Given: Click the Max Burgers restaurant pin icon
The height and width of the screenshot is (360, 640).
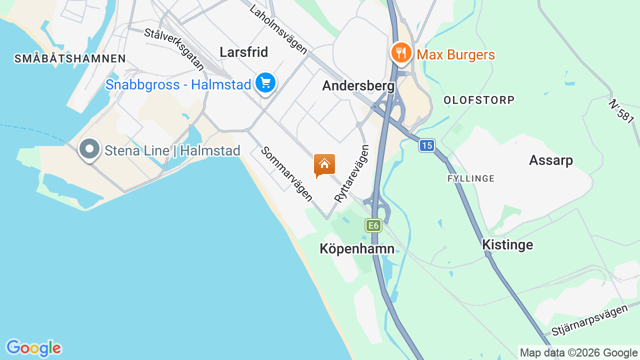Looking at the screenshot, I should coord(401,52).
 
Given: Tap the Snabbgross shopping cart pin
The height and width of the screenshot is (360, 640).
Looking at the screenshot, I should coord(265,83).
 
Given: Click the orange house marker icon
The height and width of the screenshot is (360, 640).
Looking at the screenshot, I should coord(324,164).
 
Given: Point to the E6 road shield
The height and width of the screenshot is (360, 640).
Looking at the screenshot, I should coord(373,226).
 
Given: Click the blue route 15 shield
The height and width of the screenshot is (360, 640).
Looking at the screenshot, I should coord(426,145).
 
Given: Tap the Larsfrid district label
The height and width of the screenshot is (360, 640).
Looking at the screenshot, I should coord(244,52).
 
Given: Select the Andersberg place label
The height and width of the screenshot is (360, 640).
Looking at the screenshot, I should coord(358,86).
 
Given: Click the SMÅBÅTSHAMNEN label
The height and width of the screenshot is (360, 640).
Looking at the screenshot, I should coord(70,58).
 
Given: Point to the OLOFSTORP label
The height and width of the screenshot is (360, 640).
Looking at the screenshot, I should coord(479,100).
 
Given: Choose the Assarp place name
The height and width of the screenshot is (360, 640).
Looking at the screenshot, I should coord(551,160).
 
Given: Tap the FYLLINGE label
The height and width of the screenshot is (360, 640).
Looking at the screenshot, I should coord(471,178).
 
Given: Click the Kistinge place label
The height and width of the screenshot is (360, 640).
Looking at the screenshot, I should coord(507,245).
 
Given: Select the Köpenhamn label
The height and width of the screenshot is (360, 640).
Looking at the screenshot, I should coord(357,248).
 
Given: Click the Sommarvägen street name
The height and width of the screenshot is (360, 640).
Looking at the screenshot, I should coord(286,174).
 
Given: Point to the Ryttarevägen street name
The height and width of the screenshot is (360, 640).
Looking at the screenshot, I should coord(351,173).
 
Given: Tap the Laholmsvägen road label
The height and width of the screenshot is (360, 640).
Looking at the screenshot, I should coord(278,29).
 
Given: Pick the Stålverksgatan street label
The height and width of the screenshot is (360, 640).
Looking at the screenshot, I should coord(174,49).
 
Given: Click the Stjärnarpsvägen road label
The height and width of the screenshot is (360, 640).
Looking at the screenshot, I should coord(589,320).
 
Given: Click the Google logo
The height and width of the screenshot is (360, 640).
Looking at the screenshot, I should coord(33,348).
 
